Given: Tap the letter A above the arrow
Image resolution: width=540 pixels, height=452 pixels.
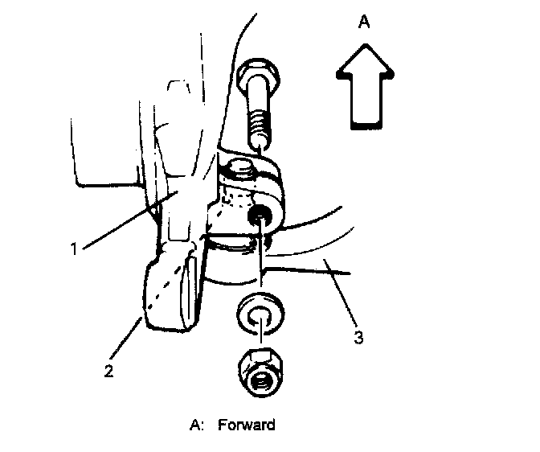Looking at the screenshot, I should click(x=363, y=23).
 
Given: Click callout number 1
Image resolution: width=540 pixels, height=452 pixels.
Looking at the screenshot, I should click(x=74, y=249).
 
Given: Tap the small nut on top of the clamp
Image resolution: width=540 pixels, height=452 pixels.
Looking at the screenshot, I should click(x=240, y=171).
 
